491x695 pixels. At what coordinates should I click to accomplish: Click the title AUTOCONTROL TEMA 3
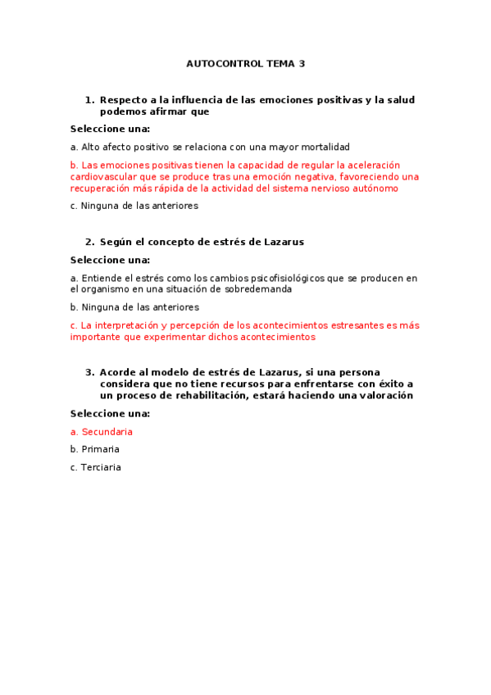pos(245,63)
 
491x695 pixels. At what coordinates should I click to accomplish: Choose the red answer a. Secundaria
pos(102,432)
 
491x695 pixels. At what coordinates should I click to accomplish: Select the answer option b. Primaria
pos(95,449)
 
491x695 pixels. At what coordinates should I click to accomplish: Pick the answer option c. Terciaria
pos(96,467)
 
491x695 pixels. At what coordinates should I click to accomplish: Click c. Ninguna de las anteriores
pos(134,206)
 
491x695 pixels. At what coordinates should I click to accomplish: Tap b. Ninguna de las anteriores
pos(134,307)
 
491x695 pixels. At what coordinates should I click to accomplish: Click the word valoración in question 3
pos(388,395)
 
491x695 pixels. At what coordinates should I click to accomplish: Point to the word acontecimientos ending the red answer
pos(275,337)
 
